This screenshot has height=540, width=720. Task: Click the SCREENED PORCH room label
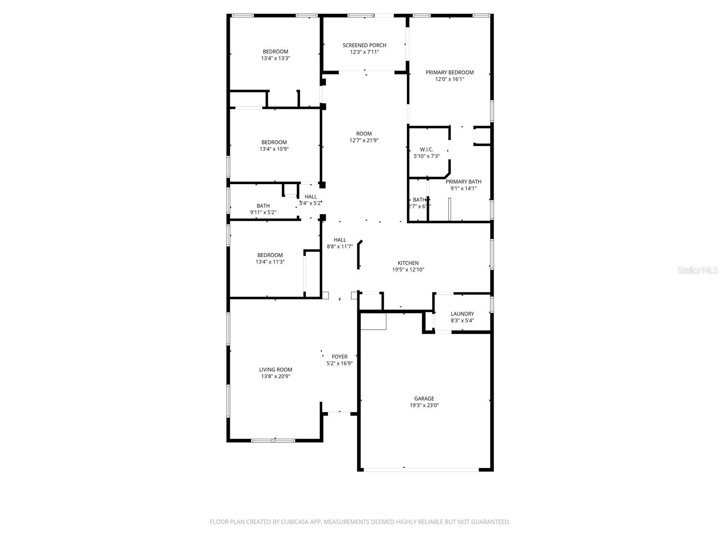pyautogui.click(x=364, y=45)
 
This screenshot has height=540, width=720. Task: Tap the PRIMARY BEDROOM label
pyautogui.click(x=450, y=72)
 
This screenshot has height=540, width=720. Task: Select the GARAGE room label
pyautogui.click(x=424, y=399)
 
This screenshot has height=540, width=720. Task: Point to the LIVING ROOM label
pyautogui.click(x=275, y=370)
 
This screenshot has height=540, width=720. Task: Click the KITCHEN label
pyautogui.click(x=408, y=263)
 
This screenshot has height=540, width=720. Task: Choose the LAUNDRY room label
pyautogui.click(x=462, y=314)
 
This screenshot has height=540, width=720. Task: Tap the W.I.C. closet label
pyautogui.click(x=427, y=149)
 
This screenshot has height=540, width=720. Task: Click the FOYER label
pyautogui.click(x=339, y=357)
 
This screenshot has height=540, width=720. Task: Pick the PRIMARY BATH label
pyautogui.click(x=463, y=182)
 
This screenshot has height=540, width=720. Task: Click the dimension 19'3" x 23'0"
pyautogui.click(x=424, y=405)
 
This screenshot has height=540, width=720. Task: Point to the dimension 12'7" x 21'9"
pyautogui.click(x=364, y=140)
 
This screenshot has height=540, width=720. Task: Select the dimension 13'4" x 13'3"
pyautogui.click(x=275, y=58)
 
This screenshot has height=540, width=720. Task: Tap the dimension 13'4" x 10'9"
pyautogui.click(x=274, y=149)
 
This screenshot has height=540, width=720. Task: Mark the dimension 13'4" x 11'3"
pyautogui.click(x=270, y=262)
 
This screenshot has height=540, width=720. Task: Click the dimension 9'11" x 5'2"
pyautogui.click(x=263, y=212)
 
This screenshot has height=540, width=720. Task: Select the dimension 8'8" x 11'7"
pyautogui.click(x=340, y=247)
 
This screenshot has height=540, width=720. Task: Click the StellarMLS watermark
pyautogui.click(x=698, y=270)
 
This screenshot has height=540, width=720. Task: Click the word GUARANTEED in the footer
pyautogui.click(x=490, y=522)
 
